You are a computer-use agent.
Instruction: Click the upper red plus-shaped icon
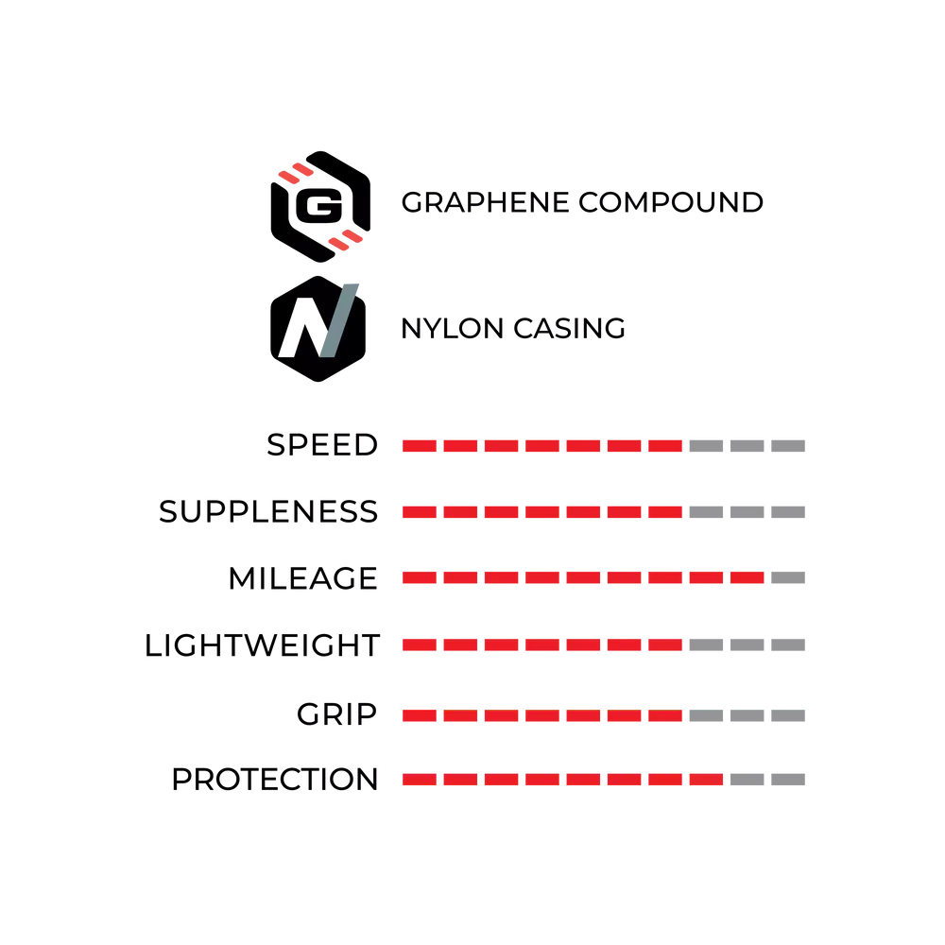(295, 174)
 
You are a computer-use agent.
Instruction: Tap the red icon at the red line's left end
(347, 241)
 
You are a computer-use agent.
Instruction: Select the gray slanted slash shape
(340, 318)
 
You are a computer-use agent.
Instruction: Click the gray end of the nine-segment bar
(789, 578)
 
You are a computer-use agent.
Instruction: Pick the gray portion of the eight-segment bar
(766, 782)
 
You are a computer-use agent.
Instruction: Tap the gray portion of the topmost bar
(747, 446)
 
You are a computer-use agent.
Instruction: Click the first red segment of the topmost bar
(420, 446)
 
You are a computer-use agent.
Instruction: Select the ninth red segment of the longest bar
(747, 578)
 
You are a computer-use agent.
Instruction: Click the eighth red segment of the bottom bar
(705, 782)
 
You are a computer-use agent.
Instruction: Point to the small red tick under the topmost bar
(563, 458)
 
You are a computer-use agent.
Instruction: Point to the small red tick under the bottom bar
(563, 790)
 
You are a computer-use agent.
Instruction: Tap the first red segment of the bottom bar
(420, 782)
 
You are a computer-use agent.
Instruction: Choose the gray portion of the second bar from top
(747, 511)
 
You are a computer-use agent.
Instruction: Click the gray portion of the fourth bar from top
(747, 646)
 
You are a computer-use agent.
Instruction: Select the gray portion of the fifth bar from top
(747, 714)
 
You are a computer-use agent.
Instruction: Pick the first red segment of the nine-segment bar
(420, 578)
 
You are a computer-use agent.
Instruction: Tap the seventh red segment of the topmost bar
(664, 446)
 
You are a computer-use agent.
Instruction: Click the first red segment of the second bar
(420, 511)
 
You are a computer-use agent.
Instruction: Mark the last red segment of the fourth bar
(664, 646)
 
